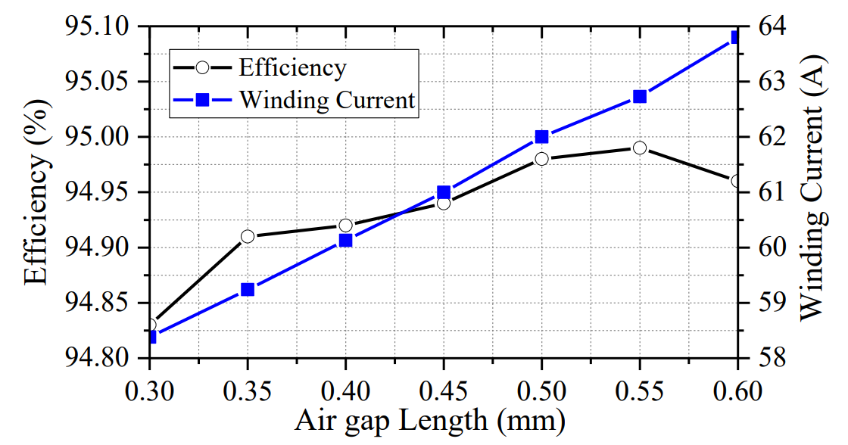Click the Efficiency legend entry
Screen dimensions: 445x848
292,67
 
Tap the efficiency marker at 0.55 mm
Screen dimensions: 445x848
640,148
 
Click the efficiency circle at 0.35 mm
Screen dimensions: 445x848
248,237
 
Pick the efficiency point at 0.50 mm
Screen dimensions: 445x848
541,159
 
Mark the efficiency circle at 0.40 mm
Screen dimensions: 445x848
346,226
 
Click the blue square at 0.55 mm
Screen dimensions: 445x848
640,96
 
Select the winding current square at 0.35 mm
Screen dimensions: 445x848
248,289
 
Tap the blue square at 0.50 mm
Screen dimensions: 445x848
541,137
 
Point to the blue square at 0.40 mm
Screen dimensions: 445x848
346,241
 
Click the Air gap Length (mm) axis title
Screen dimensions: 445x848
429,422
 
